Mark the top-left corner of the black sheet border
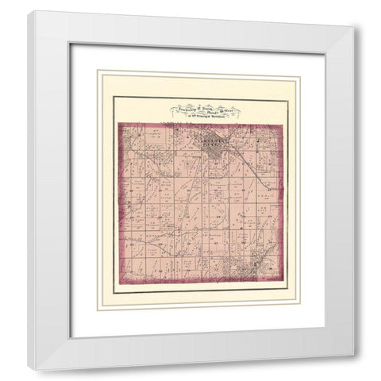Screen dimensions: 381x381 113,96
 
